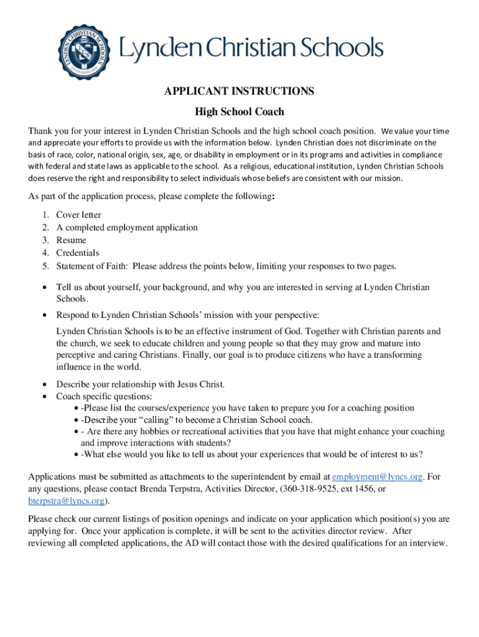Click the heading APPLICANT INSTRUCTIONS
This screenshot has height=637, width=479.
pyautogui.click(x=239, y=91)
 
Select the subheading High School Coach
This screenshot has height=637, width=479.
pyautogui.click(x=239, y=112)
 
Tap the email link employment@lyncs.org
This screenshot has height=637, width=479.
pyautogui.click(x=378, y=477)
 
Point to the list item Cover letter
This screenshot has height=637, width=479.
pyautogui.click(x=78, y=215)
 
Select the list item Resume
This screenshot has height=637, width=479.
pyautogui.click(x=71, y=240)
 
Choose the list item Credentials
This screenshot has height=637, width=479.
pyautogui.click(x=78, y=253)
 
